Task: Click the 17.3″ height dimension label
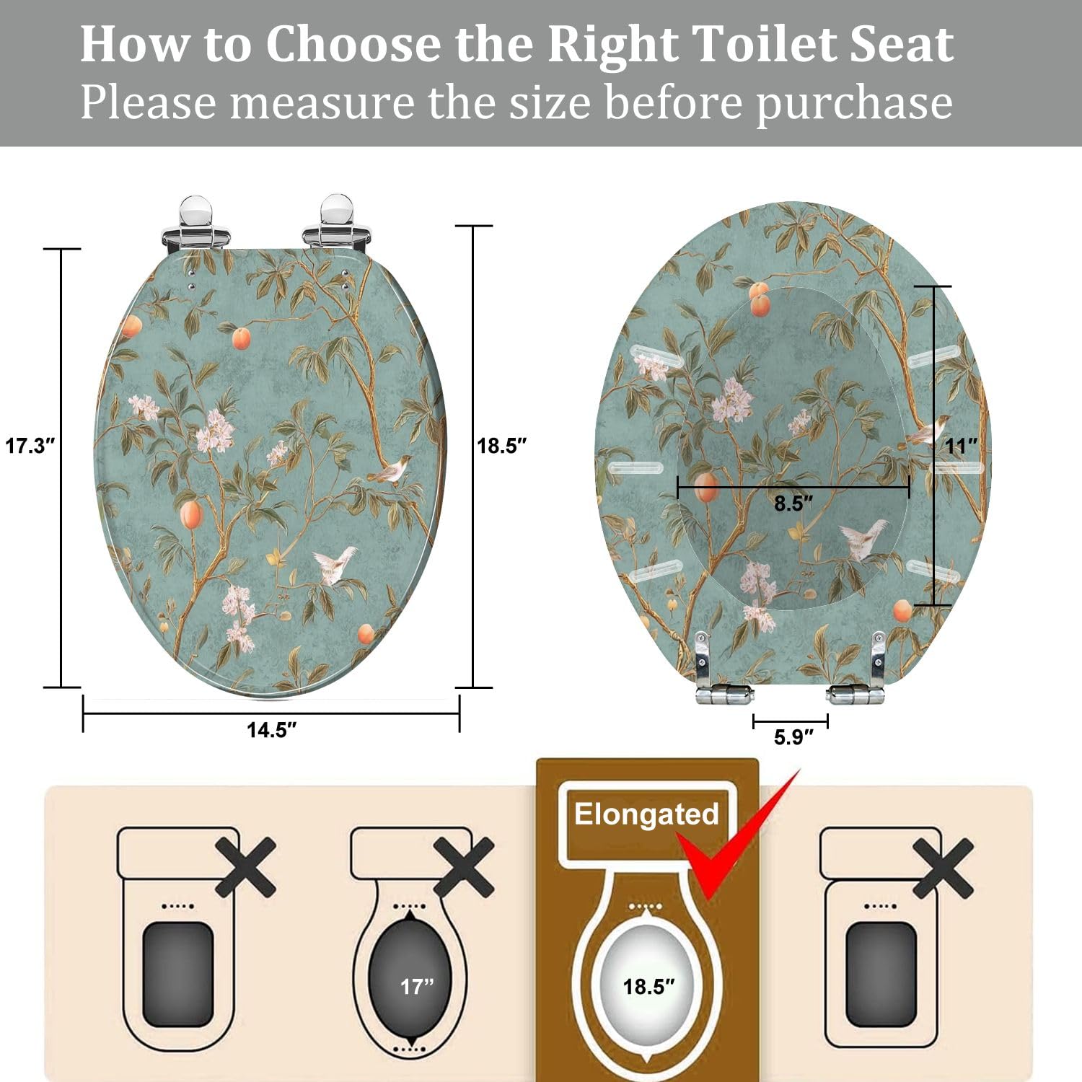coord(30,446)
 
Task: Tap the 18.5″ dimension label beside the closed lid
coord(502,446)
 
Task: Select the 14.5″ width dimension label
coord(272,730)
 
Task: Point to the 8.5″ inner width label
coord(793,503)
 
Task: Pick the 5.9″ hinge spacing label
coord(793,737)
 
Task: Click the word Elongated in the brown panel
coord(646,814)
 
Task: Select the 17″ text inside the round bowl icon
coord(418,986)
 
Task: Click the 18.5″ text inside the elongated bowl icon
coord(649,986)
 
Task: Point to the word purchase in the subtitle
coord(854,103)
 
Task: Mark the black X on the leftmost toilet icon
coord(245,867)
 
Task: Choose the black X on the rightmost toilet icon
coord(942,868)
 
